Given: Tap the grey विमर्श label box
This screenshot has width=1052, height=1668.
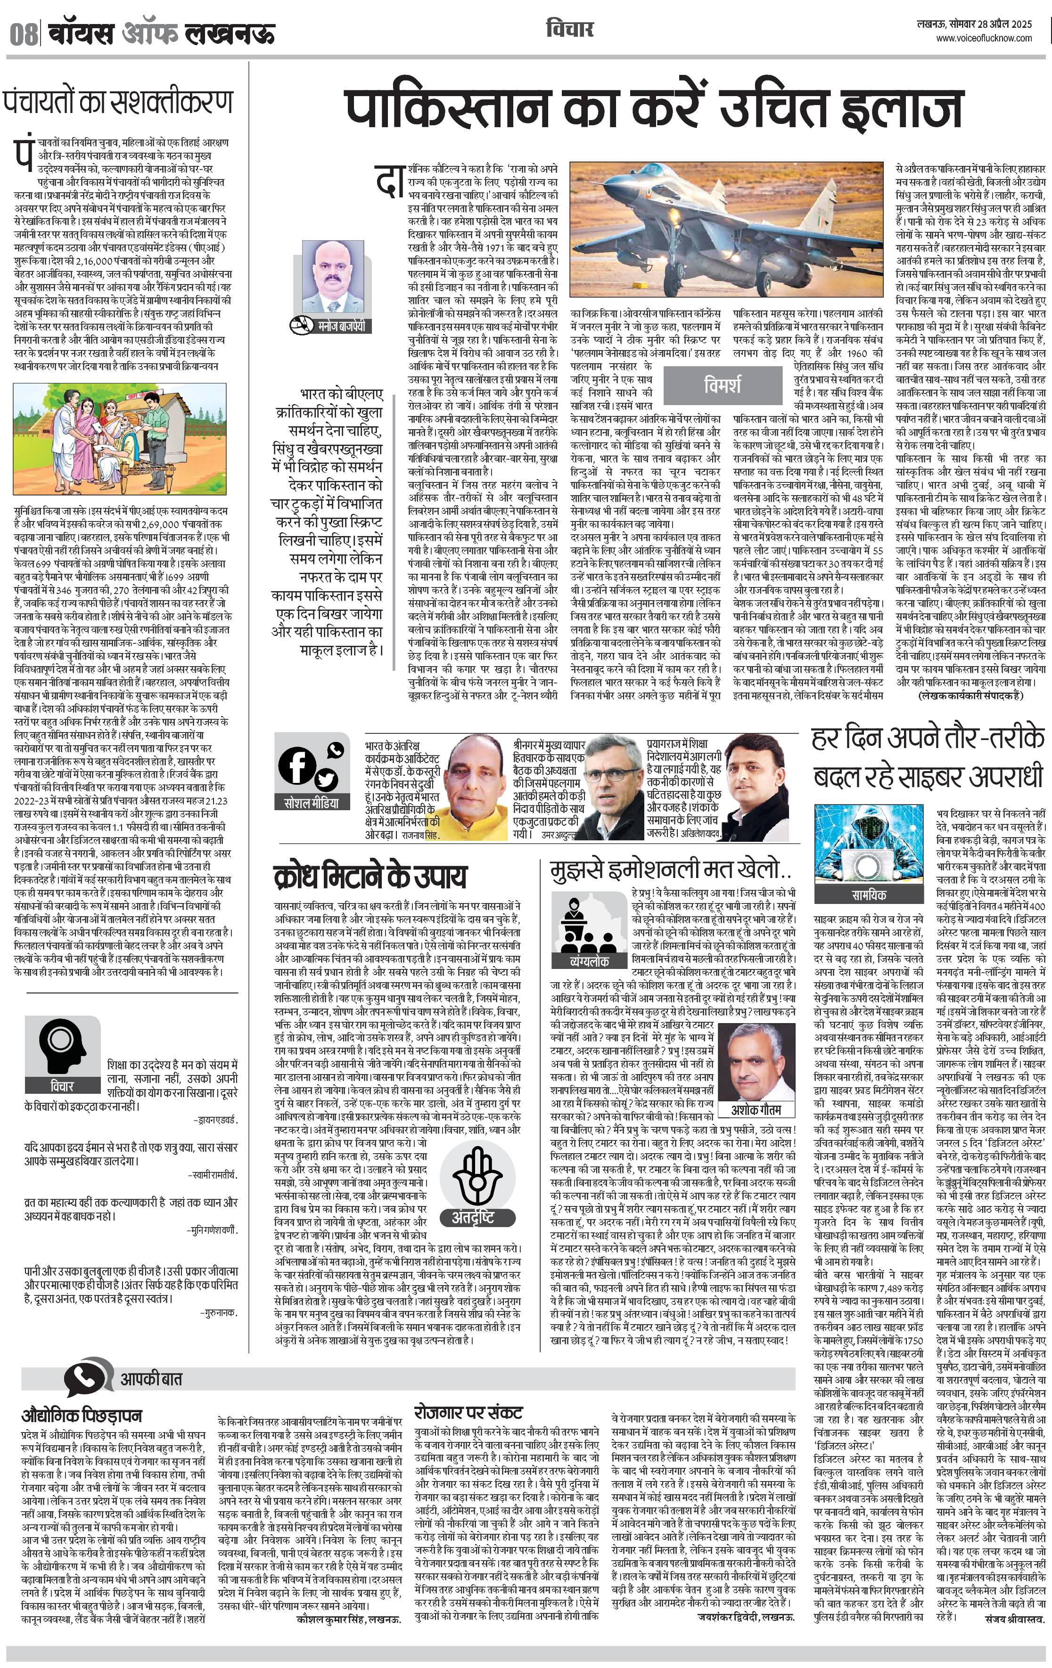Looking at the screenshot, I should click(722, 384).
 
